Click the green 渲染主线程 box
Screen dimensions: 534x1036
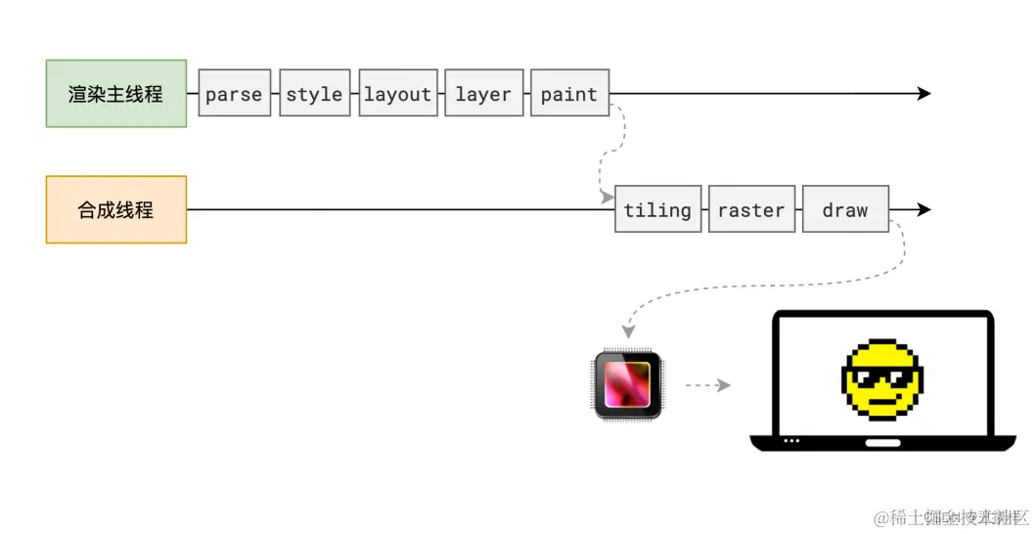115,94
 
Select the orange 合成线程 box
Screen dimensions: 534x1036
115,209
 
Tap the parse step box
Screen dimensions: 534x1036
234,94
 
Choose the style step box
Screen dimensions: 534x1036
314,94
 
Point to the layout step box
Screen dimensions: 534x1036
397,94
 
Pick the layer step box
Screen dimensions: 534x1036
483,94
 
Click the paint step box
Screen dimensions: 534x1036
569,94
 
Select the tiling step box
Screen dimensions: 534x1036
657,209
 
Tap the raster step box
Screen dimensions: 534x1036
750,209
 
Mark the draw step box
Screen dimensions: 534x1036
845,209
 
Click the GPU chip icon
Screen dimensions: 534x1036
628,385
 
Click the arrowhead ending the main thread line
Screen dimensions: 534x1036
923,94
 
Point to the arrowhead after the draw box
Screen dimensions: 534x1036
923,209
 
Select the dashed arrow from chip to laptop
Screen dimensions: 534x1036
707,385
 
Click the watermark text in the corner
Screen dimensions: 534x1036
950,517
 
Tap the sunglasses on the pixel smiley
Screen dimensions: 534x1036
880,377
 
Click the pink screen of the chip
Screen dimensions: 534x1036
628,384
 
